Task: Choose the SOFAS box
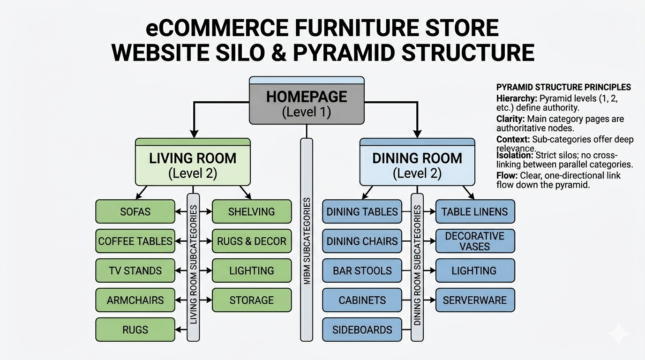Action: click(135, 211)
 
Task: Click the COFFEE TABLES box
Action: click(135, 241)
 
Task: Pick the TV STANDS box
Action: click(135, 270)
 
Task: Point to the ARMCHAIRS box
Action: click(135, 300)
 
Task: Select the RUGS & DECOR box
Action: click(251, 241)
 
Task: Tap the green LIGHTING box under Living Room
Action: click(251, 270)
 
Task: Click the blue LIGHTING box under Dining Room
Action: click(474, 270)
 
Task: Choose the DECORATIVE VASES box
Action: click(474, 241)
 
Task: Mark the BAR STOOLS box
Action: click(362, 270)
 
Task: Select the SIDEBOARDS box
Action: click(362, 330)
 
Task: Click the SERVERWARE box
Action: click(474, 300)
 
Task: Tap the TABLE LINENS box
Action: click(474, 211)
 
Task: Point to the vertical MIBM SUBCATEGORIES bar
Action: click(306, 239)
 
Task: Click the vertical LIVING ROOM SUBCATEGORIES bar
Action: click(193, 265)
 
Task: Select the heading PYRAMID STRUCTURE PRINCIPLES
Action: click(563, 87)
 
